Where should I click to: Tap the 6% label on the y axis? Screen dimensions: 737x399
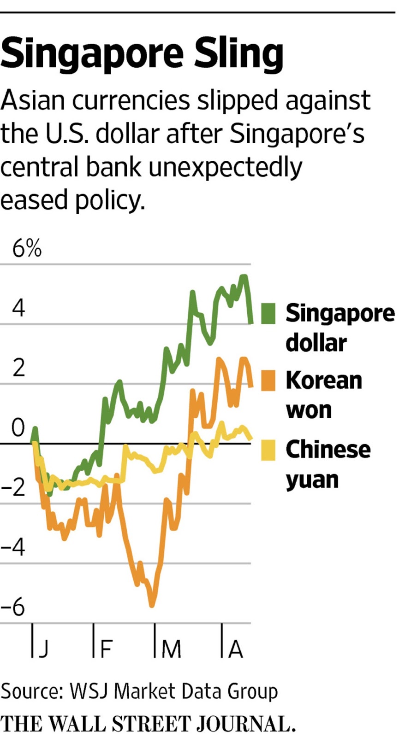(27, 249)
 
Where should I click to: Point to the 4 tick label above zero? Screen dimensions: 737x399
(18, 307)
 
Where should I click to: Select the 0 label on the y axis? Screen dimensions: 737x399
(18, 427)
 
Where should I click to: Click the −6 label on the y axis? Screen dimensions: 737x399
(13, 607)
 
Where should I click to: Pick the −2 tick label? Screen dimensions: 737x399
(13, 487)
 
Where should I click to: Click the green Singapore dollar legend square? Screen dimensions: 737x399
(268, 313)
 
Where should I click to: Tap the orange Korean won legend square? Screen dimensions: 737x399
(268, 380)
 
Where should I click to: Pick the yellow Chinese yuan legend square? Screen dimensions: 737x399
(268, 450)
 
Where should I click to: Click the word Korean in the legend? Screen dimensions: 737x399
(324, 380)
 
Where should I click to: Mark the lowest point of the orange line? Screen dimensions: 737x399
(152, 605)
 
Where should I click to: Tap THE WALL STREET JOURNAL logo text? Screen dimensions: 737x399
(148, 724)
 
